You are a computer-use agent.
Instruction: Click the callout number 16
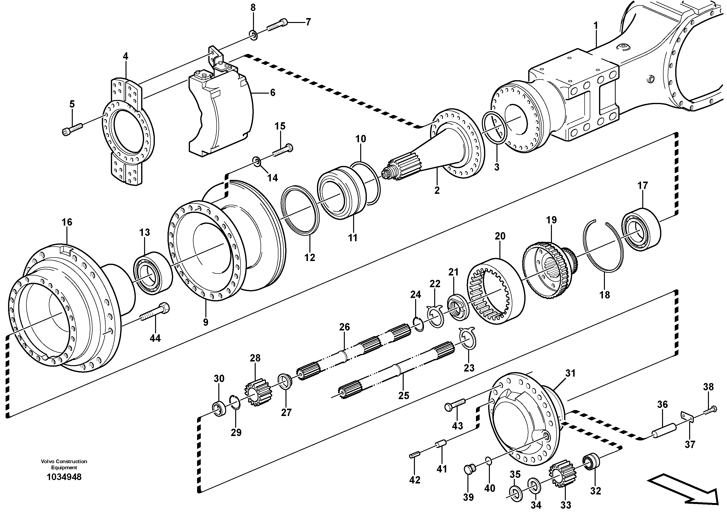(x=67, y=222)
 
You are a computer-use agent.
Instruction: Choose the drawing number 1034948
(x=64, y=477)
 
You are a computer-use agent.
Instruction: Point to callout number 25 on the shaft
(x=403, y=395)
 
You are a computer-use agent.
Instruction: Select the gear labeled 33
(x=564, y=473)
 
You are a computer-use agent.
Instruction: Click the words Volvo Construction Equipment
(x=64, y=464)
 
